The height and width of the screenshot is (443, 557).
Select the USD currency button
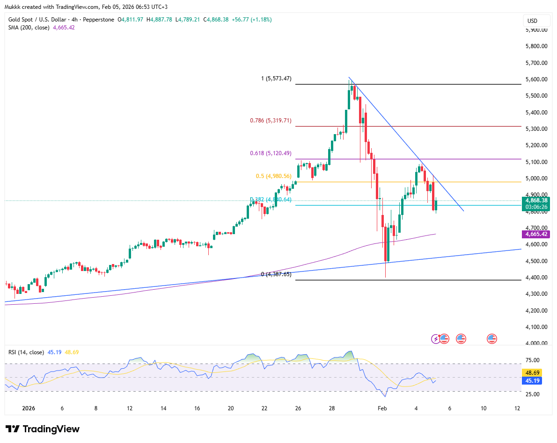(532, 21)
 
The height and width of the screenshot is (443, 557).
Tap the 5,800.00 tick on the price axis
(536, 46)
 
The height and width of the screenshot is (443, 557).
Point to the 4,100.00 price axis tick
(536, 327)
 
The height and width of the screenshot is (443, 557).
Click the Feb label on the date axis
(382, 408)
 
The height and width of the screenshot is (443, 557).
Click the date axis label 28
(332, 408)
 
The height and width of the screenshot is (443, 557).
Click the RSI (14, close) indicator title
(26, 352)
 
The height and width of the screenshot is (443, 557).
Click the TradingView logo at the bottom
(42, 429)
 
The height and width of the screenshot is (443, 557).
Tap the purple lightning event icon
(436, 338)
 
